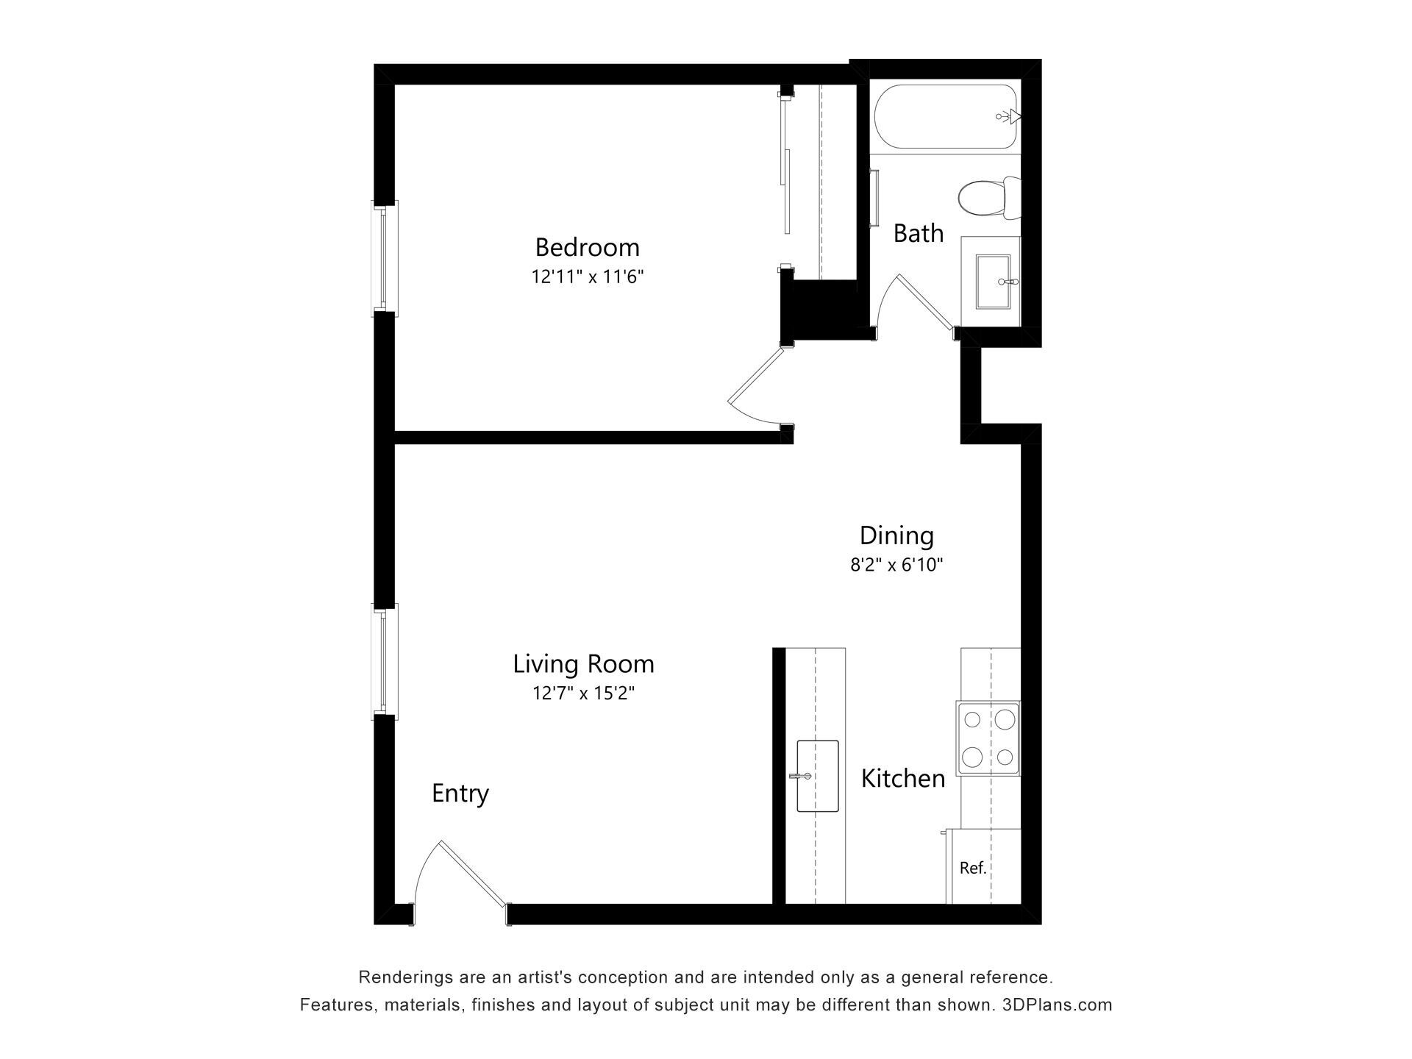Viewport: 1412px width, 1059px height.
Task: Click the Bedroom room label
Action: pos(587,247)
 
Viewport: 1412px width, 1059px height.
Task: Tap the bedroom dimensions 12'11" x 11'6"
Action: pos(588,277)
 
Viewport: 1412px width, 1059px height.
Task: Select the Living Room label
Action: pos(583,664)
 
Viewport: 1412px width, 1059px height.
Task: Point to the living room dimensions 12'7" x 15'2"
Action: pos(583,693)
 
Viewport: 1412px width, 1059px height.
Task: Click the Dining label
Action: pos(896,536)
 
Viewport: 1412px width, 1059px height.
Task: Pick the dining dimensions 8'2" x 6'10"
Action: pos(896,565)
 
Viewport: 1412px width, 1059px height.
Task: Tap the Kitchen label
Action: pos(903,778)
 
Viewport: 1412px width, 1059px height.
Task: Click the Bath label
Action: pos(918,233)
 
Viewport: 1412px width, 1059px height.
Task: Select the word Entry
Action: pos(460,794)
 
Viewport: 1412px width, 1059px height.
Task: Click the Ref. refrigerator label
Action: pos(973,868)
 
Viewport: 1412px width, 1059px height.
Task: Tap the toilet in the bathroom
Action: pos(990,198)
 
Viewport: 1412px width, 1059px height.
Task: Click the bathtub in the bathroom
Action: pos(946,117)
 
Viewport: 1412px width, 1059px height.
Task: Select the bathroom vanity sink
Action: pos(994,282)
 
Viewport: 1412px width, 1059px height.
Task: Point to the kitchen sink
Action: pos(818,776)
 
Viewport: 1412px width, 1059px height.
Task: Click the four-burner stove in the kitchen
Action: pos(988,738)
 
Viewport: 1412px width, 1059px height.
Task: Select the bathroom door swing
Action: pos(916,302)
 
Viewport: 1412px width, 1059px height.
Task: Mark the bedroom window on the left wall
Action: pos(383,258)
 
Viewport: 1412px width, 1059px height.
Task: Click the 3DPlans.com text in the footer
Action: pos(1057,1005)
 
